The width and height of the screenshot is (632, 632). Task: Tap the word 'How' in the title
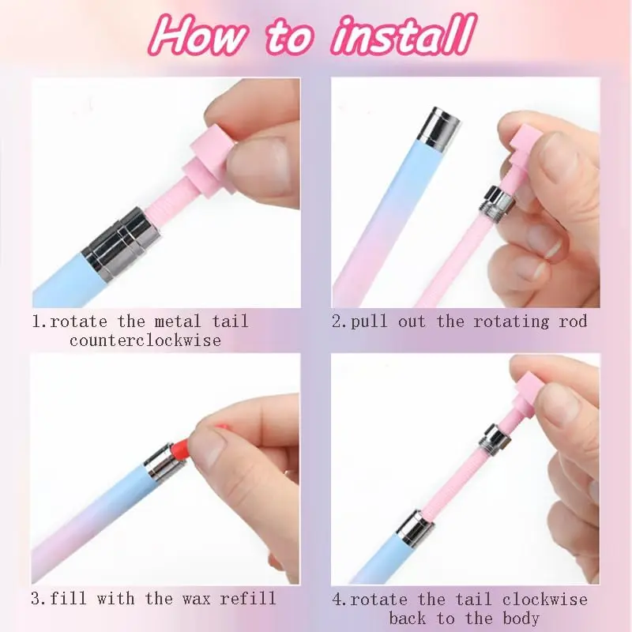198,36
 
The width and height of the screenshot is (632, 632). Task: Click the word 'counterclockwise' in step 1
145,340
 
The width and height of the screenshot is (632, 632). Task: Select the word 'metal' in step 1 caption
177,322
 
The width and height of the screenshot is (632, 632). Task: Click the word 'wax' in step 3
196,599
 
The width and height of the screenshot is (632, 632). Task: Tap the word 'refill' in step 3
248,598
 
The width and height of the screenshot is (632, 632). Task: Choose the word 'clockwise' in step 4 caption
545,600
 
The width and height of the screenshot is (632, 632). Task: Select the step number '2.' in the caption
340,322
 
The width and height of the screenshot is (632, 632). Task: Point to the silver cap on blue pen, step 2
439,127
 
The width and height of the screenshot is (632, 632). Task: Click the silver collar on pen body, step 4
414,528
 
